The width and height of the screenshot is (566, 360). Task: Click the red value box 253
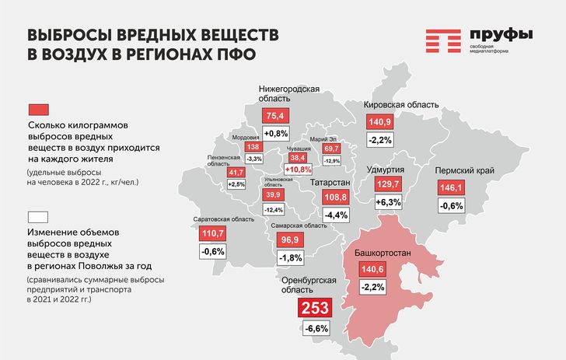click(x=315, y=308)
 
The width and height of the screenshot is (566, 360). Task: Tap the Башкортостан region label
click(x=383, y=253)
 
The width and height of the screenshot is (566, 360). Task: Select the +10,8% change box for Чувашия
click(x=299, y=170)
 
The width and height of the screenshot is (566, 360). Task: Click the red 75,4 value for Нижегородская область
click(x=275, y=116)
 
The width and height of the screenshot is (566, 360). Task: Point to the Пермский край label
click(x=465, y=171)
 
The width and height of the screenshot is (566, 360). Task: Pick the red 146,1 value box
click(x=451, y=187)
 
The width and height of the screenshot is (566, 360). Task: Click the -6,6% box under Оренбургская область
click(x=316, y=329)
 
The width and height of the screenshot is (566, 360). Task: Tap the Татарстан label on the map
click(x=330, y=183)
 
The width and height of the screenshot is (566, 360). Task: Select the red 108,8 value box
click(x=336, y=197)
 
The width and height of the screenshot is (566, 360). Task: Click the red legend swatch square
click(x=39, y=110)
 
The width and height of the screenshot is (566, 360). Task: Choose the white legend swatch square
click(x=38, y=218)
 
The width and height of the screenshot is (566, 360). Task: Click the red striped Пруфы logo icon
click(x=443, y=41)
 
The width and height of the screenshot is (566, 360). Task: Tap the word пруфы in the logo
click(x=501, y=35)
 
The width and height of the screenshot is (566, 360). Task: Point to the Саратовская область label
click(x=224, y=219)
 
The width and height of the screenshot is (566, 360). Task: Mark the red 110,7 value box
click(x=212, y=233)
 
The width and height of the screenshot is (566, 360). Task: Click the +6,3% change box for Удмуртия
click(x=389, y=202)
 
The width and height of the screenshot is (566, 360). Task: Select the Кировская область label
click(x=401, y=105)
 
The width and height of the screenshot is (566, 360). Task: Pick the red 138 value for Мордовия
click(x=253, y=147)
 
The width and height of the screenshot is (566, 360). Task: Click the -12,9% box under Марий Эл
click(x=332, y=161)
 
